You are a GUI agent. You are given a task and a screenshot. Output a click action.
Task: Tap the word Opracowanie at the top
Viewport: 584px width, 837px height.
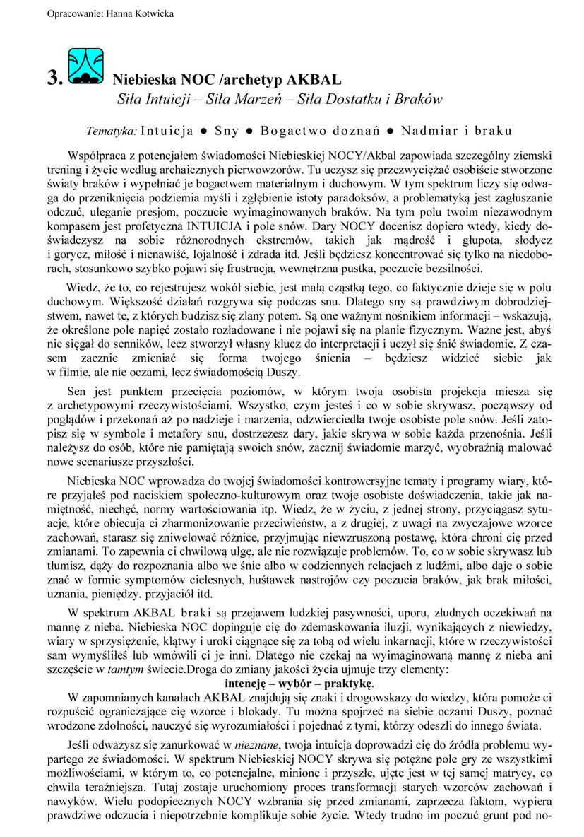pyautogui.click(x=70, y=13)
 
